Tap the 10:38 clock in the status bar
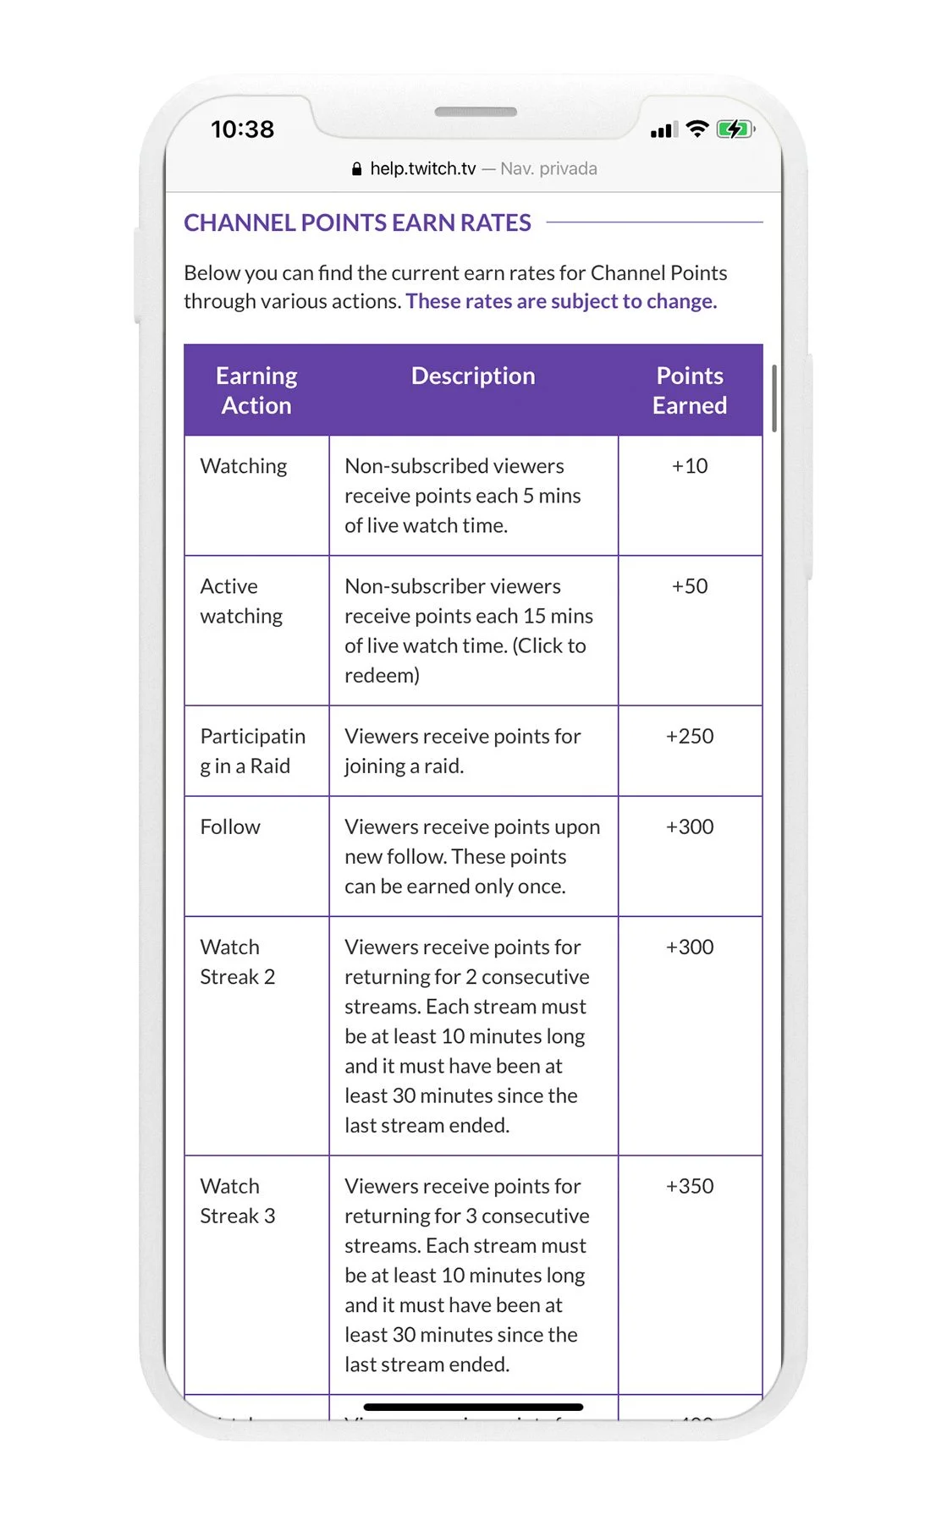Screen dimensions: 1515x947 click(x=242, y=129)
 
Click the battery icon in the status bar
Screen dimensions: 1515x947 click(x=735, y=129)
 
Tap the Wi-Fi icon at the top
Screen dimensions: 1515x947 click(x=697, y=129)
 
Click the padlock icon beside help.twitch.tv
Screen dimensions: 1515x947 click(x=356, y=169)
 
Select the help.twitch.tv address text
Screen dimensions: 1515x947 click(x=422, y=169)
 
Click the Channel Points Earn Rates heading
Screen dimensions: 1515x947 click(x=357, y=222)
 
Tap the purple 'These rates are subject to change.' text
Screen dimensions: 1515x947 click(x=561, y=301)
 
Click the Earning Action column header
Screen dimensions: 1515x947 click(x=256, y=390)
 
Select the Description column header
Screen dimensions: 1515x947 click(x=473, y=376)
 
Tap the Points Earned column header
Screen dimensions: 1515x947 click(x=690, y=390)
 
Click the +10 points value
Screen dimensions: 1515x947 click(x=690, y=466)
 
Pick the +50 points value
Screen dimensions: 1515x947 click(x=690, y=586)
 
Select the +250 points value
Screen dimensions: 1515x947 click(x=690, y=736)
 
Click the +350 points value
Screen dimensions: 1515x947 click(x=690, y=1186)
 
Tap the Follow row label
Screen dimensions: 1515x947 click(x=230, y=826)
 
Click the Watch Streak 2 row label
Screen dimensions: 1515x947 click(x=237, y=962)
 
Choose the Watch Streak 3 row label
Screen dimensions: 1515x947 click(x=237, y=1201)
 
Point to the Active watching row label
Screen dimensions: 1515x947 click(x=241, y=601)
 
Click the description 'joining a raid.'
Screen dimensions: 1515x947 click(x=404, y=766)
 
